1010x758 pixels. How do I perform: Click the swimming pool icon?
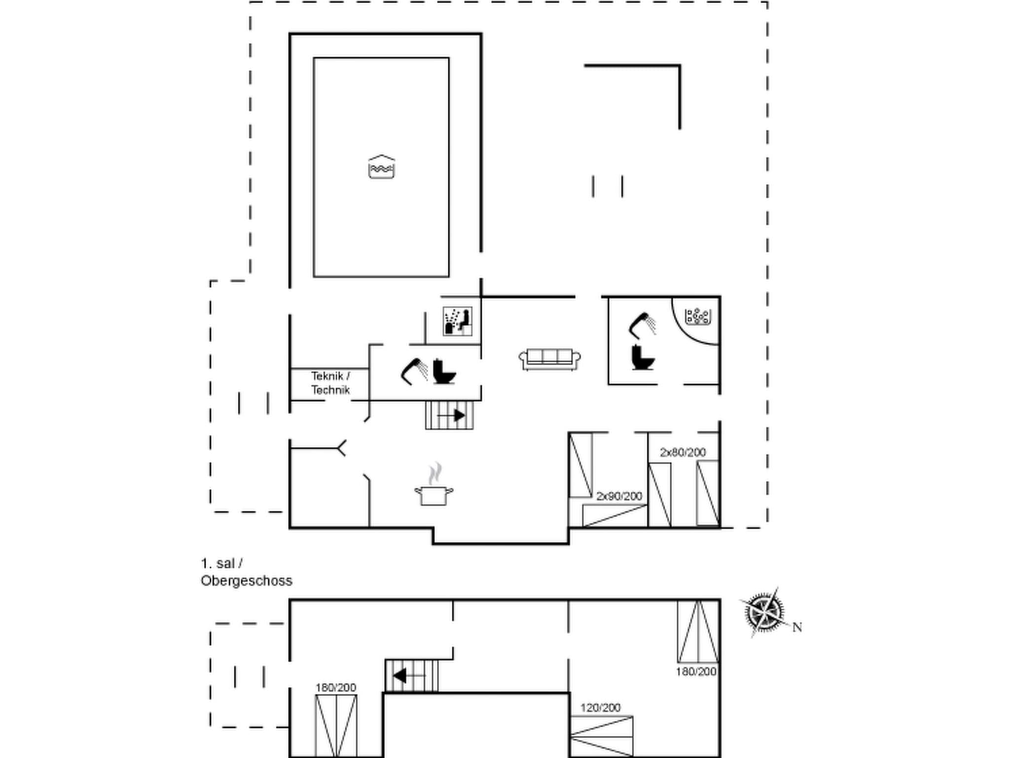(381, 167)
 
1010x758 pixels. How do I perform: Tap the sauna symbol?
(457, 321)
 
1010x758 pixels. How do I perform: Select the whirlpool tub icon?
(697, 316)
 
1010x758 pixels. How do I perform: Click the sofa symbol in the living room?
(549, 359)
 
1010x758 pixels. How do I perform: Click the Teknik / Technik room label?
(330, 383)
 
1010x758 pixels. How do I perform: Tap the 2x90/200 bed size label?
(619, 496)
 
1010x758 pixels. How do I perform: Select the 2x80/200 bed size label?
(683, 452)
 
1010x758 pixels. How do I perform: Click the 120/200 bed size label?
(600, 708)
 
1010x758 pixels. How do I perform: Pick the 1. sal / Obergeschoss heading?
(246, 572)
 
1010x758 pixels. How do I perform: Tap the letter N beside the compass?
(797, 627)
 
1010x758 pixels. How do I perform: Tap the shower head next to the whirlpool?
(642, 325)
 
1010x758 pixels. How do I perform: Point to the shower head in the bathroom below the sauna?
(414, 371)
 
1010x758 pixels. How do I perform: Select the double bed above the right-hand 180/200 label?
(698, 632)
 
